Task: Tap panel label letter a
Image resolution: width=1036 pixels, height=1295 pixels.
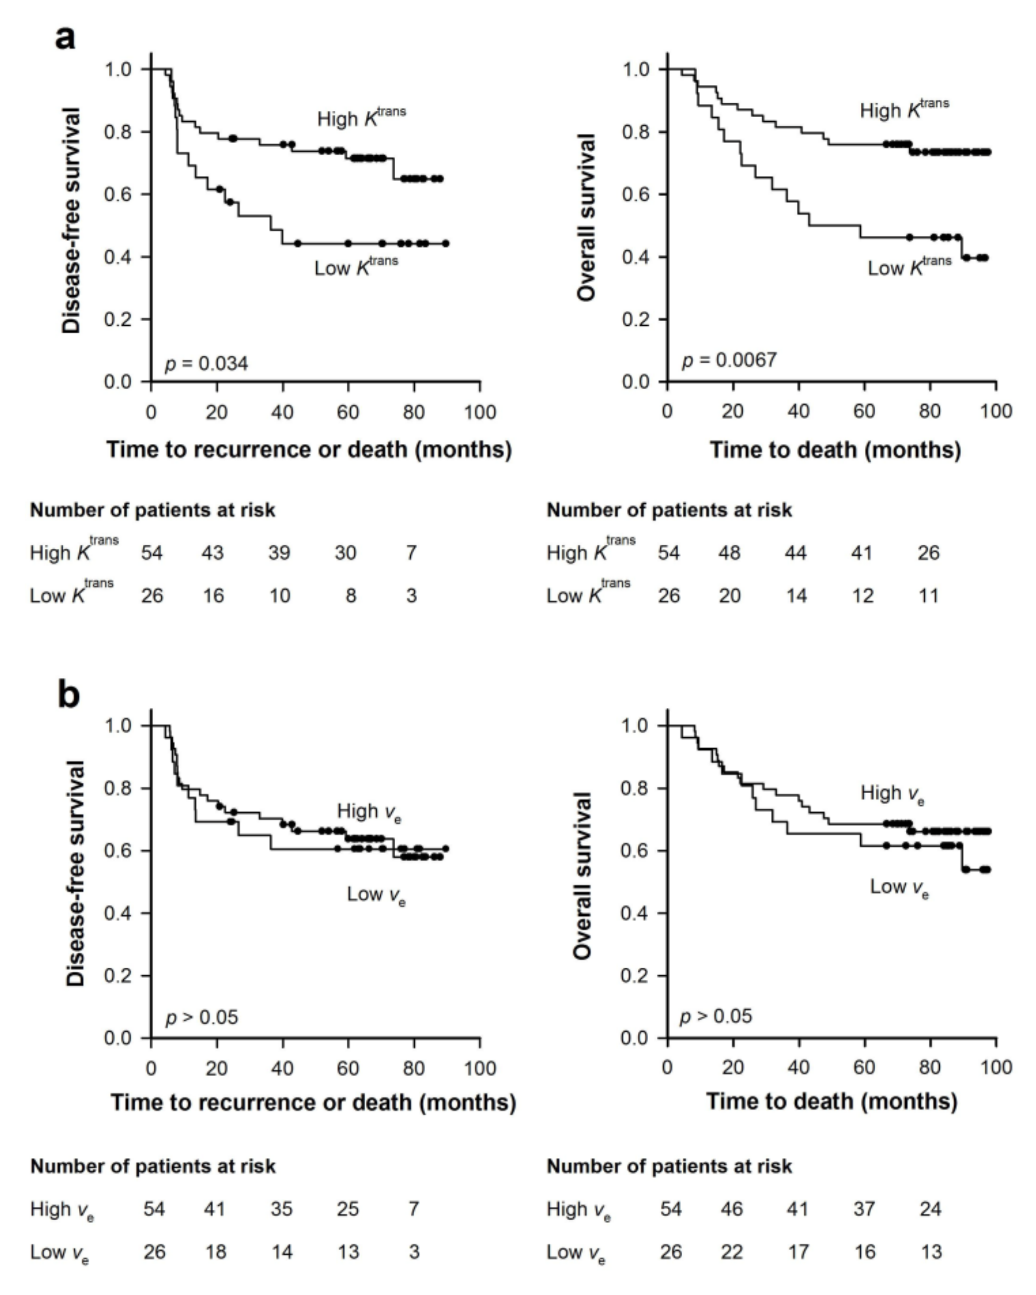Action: point(65,38)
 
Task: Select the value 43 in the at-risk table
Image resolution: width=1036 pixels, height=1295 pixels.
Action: point(212,553)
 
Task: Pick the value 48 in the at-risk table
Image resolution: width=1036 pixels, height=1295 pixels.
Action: point(729,553)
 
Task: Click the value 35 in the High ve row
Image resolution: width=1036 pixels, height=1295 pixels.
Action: point(281,1209)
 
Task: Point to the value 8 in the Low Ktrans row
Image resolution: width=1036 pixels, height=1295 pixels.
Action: point(350,595)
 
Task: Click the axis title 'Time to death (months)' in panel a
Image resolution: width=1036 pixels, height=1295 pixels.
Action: point(835,449)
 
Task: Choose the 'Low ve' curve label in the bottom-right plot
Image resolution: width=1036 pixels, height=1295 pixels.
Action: point(899,887)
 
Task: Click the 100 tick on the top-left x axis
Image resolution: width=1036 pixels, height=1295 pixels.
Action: point(480,412)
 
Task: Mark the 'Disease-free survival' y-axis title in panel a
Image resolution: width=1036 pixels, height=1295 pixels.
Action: point(71,220)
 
